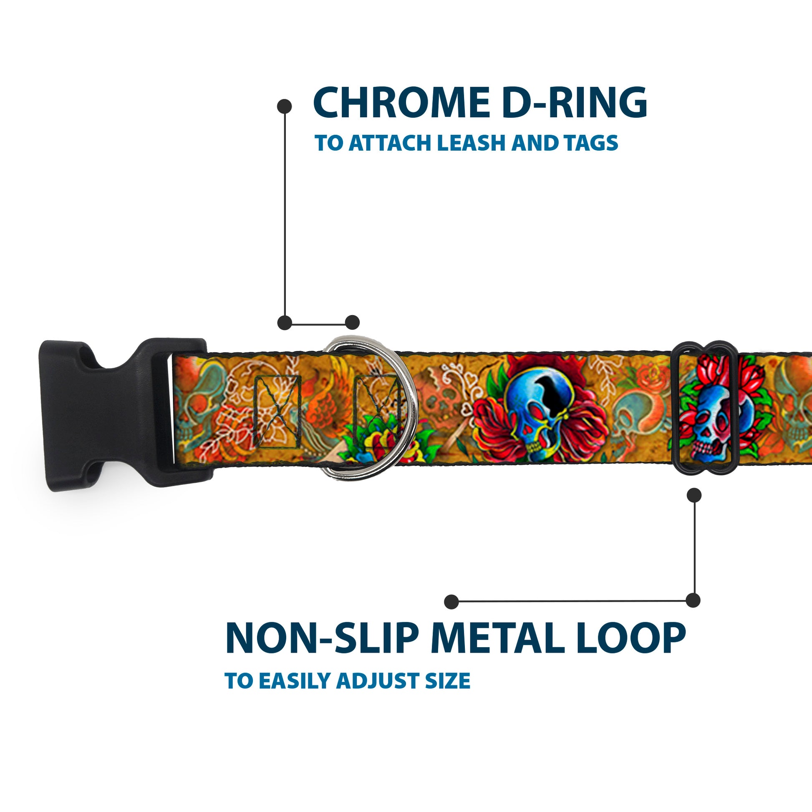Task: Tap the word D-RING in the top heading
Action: tap(575, 103)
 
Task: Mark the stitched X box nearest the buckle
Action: tap(278, 411)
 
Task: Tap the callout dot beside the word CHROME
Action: tap(285, 106)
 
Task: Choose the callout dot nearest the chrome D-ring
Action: tap(352, 323)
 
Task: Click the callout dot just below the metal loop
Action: tap(694, 495)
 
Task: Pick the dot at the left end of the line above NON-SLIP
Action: tap(451, 601)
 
